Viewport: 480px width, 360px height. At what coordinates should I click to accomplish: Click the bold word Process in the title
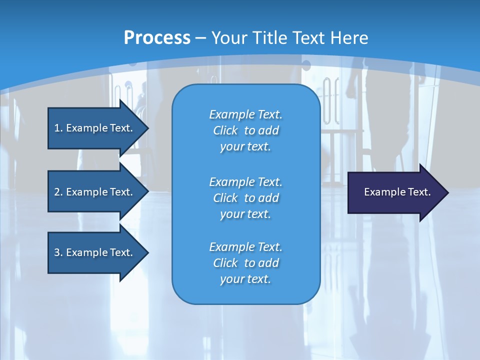[157, 38]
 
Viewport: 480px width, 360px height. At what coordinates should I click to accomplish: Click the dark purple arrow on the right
[395, 192]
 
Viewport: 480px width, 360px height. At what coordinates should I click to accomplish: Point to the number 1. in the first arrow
[58, 128]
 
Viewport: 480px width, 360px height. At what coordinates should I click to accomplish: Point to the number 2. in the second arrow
[58, 192]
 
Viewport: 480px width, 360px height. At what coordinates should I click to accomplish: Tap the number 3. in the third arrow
[58, 252]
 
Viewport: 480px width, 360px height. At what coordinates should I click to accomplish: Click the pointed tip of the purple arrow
[446, 192]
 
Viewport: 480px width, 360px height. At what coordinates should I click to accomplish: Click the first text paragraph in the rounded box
[245, 130]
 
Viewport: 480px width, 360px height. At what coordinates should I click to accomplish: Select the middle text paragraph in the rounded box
[245, 198]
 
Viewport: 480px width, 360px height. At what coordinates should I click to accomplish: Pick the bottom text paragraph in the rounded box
[245, 263]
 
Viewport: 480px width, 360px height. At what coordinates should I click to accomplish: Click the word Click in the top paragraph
[225, 130]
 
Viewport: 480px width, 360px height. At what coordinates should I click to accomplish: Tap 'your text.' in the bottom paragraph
[245, 279]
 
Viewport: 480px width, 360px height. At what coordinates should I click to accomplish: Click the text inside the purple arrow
[397, 192]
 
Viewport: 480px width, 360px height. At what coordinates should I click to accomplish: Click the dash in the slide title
[201, 38]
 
